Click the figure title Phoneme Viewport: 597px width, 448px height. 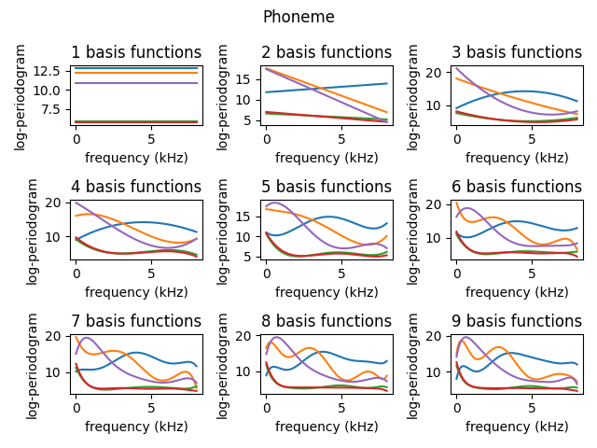298,17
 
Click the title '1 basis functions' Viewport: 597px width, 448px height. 136,52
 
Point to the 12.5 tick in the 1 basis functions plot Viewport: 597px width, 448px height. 50,71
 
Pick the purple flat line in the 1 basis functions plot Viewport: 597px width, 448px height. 136,83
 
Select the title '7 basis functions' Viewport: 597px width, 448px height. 136,321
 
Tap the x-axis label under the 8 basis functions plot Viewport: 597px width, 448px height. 326,427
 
